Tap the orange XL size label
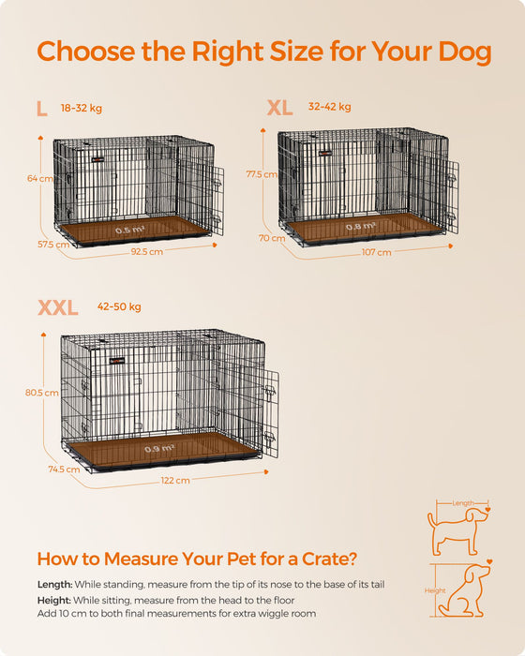(279, 109)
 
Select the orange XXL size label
(58, 308)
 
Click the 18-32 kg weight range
(79, 107)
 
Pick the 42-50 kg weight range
(119, 306)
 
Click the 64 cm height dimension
(39, 178)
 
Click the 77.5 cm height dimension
(262, 174)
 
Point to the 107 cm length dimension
(378, 253)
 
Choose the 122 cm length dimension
(175, 480)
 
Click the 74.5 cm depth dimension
(64, 470)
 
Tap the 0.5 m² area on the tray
(128, 229)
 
